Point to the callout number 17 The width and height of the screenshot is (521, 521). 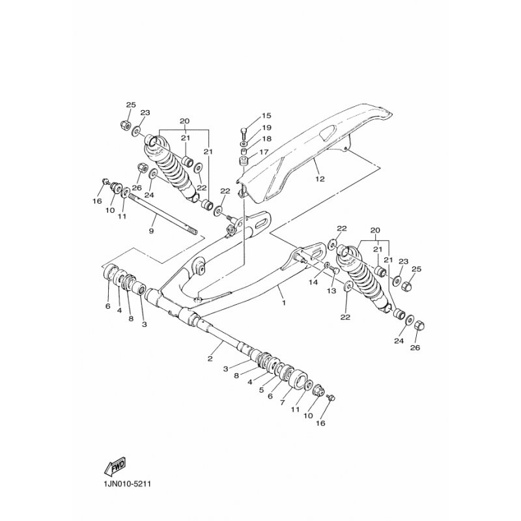264,152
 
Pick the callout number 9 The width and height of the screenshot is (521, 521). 152,231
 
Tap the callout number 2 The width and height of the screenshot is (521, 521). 210,358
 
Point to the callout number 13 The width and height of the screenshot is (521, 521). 331,291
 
